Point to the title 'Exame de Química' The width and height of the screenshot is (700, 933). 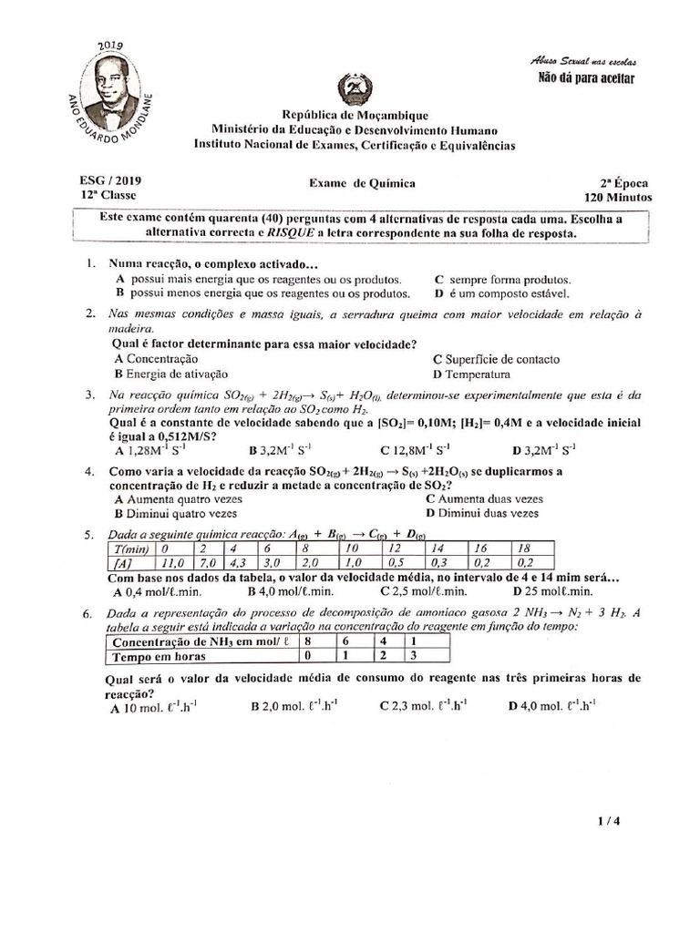pos(362,183)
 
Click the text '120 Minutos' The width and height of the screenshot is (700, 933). pos(618,197)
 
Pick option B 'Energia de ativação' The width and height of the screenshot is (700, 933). pos(171,374)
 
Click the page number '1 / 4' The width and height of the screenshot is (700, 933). pos(608,821)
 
